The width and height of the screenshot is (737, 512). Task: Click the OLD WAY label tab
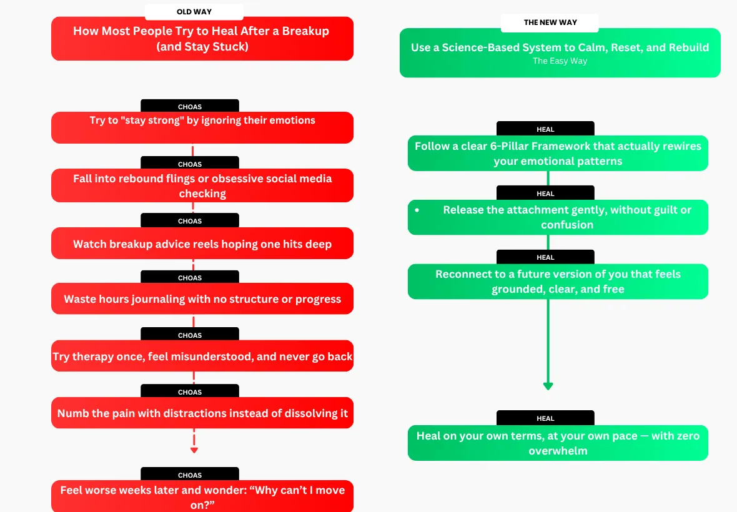tap(194, 12)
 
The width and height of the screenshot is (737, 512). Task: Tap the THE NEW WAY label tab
tap(550, 22)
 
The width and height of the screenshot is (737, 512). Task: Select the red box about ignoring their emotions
tap(202, 127)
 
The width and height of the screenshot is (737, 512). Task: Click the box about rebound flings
tap(202, 185)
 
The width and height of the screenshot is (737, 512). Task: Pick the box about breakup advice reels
tap(202, 244)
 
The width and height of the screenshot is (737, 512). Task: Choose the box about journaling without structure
tap(202, 298)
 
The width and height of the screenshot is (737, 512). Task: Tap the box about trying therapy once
tap(202, 356)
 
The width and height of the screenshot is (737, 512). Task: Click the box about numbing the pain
tap(202, 413)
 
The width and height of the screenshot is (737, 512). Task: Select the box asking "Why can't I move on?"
tap(202, 496)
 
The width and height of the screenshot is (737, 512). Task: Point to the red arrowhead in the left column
tap(194, 450)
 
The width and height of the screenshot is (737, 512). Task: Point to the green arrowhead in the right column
tap(548, 386)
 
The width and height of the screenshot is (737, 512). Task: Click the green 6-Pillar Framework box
tap(558, 153)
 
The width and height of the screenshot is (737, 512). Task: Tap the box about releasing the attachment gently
tap(558, 217)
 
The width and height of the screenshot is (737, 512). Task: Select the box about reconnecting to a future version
tap(558, 282)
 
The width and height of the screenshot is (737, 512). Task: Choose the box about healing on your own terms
tap(558, 443)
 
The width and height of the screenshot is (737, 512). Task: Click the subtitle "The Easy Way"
tap(560, 61)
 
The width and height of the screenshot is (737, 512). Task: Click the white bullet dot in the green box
tap(417, 210)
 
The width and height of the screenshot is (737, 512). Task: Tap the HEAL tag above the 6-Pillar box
tap(545, 129)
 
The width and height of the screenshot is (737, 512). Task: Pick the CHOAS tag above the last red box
tap(190, 474)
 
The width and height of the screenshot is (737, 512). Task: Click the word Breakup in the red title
tap(305, 31)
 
